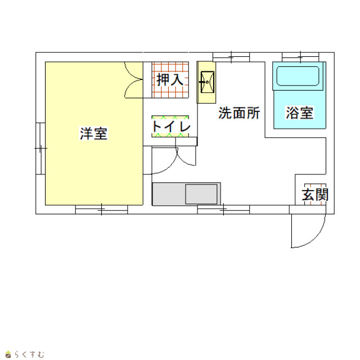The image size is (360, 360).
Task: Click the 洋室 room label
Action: [x=93, y=133]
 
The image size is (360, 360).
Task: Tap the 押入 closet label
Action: [x=170, y=80]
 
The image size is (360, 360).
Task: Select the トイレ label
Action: [x=171, y=126]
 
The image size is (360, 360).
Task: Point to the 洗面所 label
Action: [x=239, y=112]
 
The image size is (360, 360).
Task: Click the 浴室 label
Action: [x=300, y=112]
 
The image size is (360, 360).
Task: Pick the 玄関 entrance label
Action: [x=315, y=195]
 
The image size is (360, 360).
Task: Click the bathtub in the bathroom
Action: [x=298, y=76]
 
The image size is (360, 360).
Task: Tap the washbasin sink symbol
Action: [x=208, y=82]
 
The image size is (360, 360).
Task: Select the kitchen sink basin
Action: [x=201, y=193]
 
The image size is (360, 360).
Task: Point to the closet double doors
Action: [x=134, y=80]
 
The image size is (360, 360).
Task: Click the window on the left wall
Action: [x=40, y=148]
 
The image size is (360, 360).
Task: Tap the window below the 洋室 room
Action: [x=101, y=209]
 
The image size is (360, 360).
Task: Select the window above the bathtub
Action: [x=300, y=57]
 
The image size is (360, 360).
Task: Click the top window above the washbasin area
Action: [x=231, y=57]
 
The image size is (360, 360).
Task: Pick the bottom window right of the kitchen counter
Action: [x=223, y=210]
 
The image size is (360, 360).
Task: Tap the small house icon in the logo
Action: [x=8, y=354]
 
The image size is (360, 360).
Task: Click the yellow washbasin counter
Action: [x=206, y=82]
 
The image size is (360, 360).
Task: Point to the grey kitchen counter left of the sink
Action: [x=169, y=194]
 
